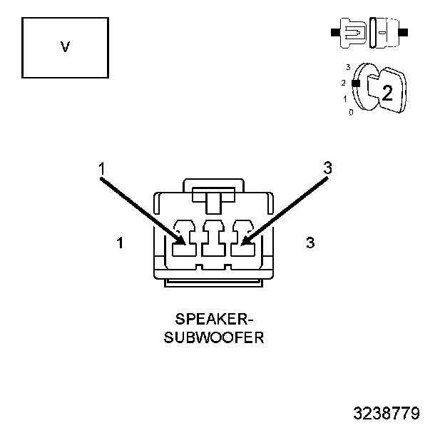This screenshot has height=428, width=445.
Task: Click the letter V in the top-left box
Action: pos(65,47)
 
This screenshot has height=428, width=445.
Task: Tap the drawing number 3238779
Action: pos(387,413)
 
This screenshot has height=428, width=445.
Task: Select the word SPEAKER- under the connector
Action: pos(214,318)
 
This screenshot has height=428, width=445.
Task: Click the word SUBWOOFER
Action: pos(214,337)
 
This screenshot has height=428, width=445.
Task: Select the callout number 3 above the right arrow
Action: pos(327,168)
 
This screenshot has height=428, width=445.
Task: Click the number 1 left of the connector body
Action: pos(121,243)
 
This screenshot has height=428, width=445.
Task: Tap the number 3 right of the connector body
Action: pos(310,243)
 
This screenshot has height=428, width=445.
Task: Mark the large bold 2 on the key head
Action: pos(387,92)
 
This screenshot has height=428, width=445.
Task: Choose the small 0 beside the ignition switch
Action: pos(350,113)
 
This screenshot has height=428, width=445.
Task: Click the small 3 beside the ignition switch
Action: pos(347,67)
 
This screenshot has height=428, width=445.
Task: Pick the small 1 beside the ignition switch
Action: pos(345,98)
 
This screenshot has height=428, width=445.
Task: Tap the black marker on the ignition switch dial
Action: pos(356,83)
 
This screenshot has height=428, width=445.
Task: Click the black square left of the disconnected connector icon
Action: pos(334,33)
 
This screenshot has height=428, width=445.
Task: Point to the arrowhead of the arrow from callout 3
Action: pos(246,240)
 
